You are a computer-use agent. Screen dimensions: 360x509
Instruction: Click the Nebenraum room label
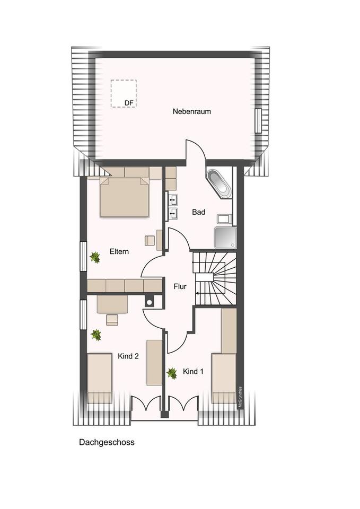pos(191,111)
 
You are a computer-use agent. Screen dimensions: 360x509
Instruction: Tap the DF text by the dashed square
pos(129,103)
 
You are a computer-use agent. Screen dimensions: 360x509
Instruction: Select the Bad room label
pos(199,212)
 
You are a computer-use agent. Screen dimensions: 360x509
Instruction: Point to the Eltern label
pos(119,251)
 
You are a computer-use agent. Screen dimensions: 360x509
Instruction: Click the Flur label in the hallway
pos(180,286)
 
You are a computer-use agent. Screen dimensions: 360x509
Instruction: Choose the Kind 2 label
pos(128,356)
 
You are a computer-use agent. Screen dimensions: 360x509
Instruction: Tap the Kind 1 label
pos(193,371)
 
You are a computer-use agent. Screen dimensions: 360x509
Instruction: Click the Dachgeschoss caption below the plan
pos(107,442)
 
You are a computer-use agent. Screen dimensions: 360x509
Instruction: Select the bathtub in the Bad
pos(219,183)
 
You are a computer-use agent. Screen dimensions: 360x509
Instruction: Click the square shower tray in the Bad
pos(225,238)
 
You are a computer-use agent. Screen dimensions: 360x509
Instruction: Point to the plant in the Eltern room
pos(95,258)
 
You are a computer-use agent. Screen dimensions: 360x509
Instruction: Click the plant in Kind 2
pos(96,335)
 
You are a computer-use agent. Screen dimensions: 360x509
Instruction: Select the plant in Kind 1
pos(172,373)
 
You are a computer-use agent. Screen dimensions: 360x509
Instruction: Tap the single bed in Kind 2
pos(100,378)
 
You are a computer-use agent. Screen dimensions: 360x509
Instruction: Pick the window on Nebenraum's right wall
pos(258,121)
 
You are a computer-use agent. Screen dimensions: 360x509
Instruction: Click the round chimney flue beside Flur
pos(150,302)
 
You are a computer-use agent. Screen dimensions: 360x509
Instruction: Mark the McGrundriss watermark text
pos(240,397)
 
